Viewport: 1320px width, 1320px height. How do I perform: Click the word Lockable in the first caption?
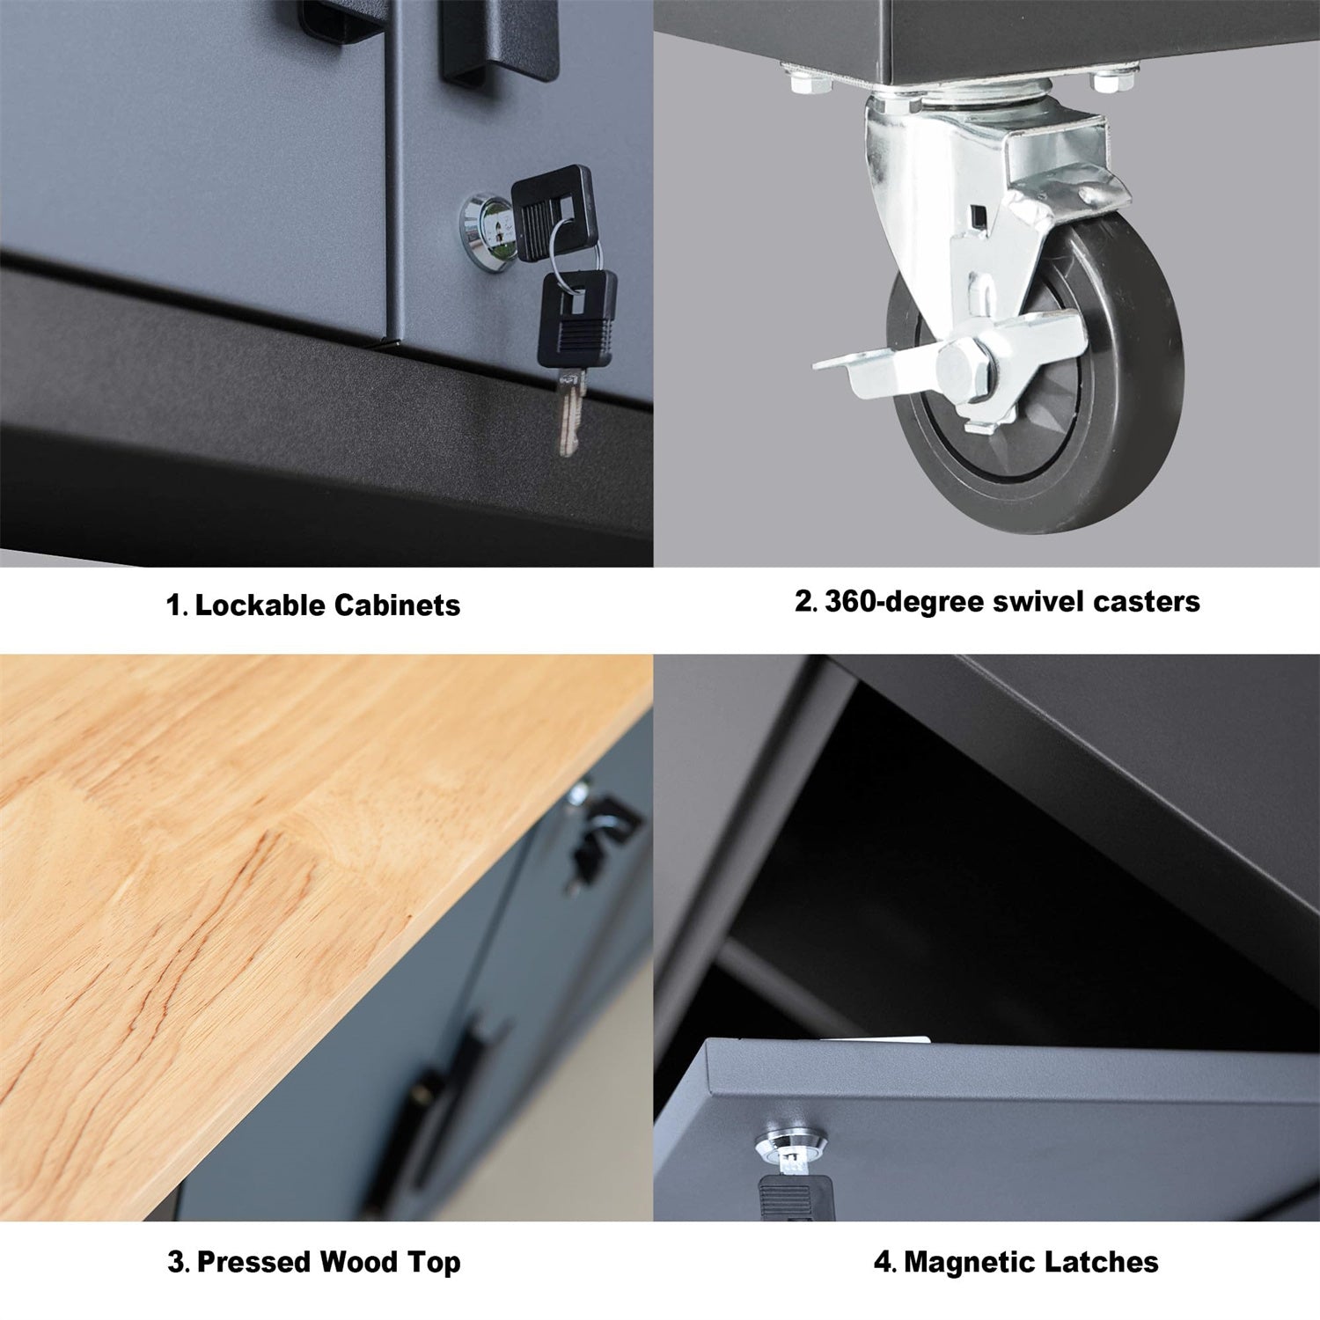(x=260, y=605)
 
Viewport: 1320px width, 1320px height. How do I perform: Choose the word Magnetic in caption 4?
(x=964, y=1261)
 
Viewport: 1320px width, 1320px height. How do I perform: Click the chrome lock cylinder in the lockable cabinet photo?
(x=481, y=224)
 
